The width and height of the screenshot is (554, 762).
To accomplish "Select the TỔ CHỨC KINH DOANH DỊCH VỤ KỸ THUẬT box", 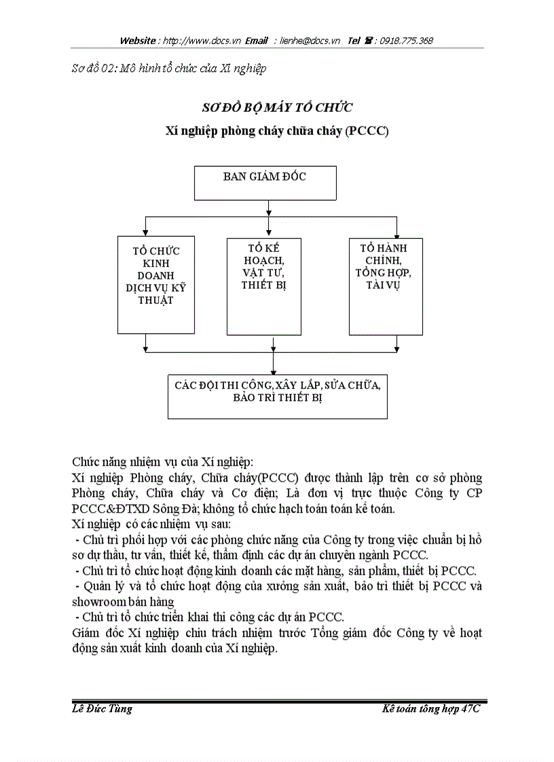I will [156, 286].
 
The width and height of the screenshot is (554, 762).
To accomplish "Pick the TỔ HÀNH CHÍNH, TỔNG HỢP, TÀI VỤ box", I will [386, 286].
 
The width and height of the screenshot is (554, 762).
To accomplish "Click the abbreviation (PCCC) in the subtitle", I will [366, 131].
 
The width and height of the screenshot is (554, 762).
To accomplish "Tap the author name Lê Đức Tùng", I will [102, 709].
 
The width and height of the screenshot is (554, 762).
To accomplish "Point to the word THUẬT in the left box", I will [155, 299].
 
